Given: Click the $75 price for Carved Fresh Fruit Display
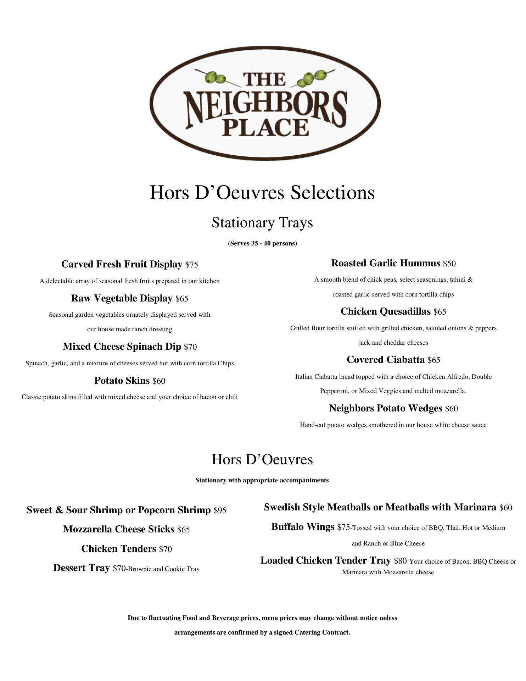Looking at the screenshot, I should pos(191,265).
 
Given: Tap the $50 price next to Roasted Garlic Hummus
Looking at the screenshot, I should pos(449,264).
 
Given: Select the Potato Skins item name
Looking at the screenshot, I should pos(122,381).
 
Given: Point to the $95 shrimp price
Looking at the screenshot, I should pos(220,510).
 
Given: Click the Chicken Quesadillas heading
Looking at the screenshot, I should pos(386,311).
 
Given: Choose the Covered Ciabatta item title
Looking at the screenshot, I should pos(386,360).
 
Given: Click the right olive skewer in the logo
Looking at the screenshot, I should pos(312,78).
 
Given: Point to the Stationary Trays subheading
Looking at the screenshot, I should pos(262,223).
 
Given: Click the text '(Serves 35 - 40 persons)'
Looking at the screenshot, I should pos(262,243).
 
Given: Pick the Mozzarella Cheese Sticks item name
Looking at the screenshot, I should pos(119,529).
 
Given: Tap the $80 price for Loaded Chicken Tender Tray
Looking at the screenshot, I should pos(400,561).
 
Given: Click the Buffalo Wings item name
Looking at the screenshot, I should pos(303,527).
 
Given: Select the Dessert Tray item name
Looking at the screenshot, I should pos(82,568).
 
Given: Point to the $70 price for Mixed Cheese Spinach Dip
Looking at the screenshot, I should pos(190,347).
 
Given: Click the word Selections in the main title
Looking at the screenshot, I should pos(332,193).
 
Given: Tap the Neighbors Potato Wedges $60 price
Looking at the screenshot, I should pos(451,409).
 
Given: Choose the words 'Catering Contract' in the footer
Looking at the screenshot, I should pos(321,632).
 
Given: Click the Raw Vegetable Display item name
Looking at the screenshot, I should pos(122,298).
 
